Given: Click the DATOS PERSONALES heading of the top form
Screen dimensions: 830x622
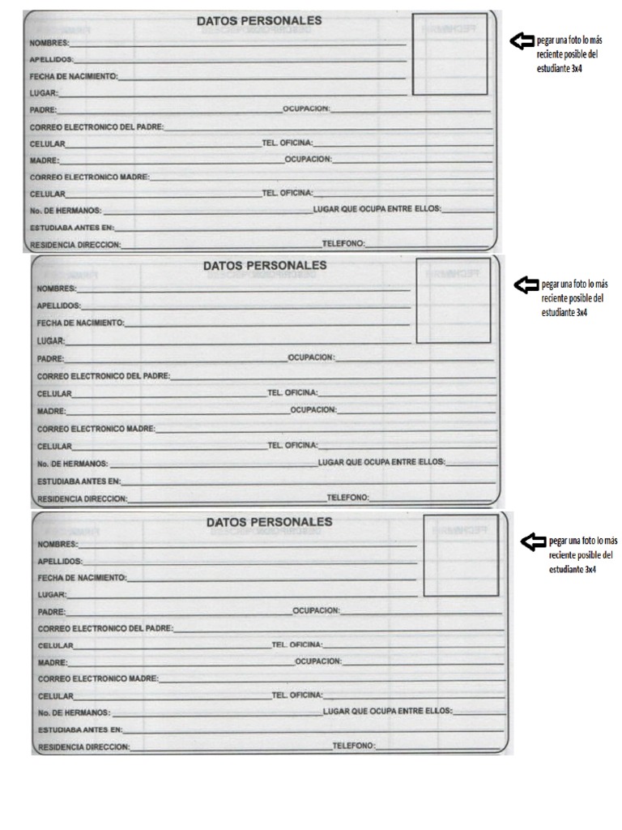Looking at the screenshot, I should click(x=258, y=20).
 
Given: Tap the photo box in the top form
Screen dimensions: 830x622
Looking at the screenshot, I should click(x=449, y=54).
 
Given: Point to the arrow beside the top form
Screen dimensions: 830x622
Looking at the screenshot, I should click(x=522, y=41).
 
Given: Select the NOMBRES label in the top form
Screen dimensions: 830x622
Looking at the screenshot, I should click(x=49, y=42).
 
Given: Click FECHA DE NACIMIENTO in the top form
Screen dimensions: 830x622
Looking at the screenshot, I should click(x=74, y=76).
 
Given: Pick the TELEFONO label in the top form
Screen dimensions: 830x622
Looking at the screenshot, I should click(x=343, y=243).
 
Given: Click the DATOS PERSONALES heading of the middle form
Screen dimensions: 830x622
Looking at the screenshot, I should click(x=265, y=265).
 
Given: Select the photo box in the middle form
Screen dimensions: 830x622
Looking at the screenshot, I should click(x=453, y=301).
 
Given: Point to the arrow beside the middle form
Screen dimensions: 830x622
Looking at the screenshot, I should click(x=527, y=284).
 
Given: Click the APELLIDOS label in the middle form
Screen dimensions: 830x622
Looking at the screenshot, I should click(x=58, y=306).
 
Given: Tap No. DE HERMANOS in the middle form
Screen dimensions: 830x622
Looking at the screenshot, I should click(x=72, y=463).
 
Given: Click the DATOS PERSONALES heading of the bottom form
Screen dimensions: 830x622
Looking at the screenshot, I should click(x=269, y=523).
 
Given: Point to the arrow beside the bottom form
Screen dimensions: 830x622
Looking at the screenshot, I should click(x=534, y=541).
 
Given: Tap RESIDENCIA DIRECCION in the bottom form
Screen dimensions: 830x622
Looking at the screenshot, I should click(x=83, y=747).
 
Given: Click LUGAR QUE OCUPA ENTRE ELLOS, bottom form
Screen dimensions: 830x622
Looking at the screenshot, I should click(x=387, y=711).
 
